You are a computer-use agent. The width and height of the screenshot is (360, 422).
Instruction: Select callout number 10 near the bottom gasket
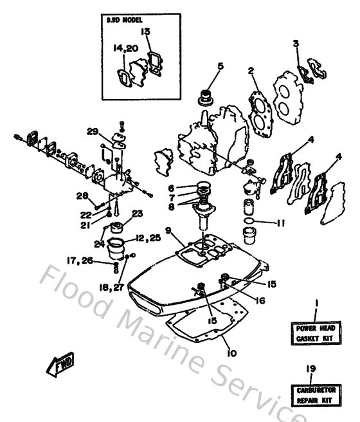click(230, 353)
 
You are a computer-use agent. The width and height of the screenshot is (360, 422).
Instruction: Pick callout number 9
click(167, 230)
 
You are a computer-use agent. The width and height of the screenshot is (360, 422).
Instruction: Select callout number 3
click(296, 44)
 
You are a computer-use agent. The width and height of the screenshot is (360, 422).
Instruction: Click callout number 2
click(252, 71)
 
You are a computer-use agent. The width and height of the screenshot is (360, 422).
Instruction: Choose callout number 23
click(137, 214)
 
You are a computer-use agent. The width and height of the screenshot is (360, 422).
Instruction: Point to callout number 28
click(82, 196)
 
